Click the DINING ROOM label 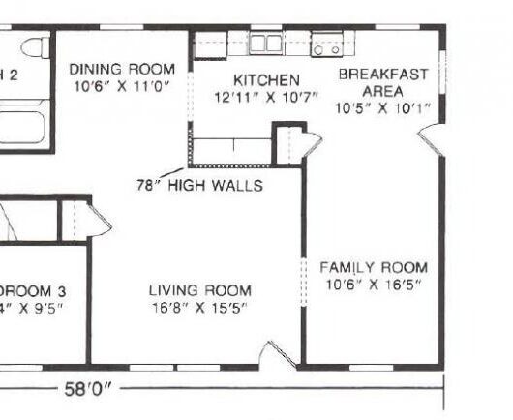coord(122,69)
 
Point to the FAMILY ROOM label coord(374,267)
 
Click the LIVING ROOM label coord(199,290)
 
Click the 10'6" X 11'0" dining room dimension coord(122,86)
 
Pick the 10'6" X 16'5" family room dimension coord(374,285)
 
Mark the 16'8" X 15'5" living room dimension coord(199,308)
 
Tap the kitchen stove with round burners coord(326,45)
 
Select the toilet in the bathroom coord(35,48)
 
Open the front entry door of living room coord(283,357)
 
